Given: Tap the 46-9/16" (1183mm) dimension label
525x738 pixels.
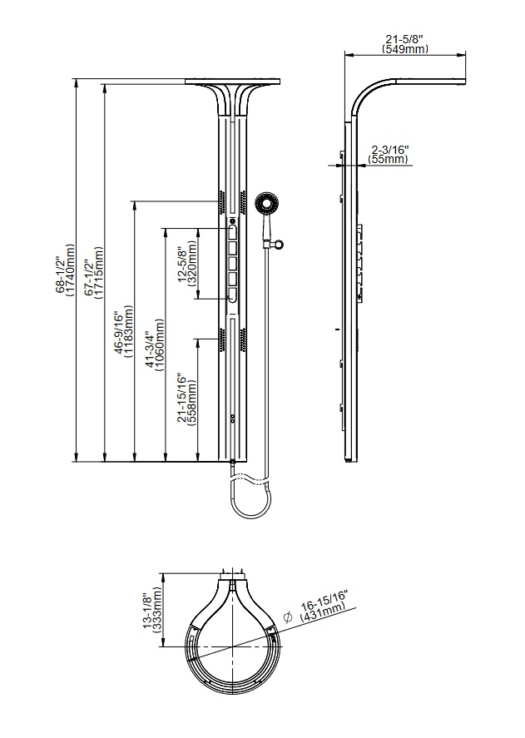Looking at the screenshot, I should click(x=124, y=334).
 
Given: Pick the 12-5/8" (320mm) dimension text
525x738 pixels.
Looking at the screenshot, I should click(x=187, y=265).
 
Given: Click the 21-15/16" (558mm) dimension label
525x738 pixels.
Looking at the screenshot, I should click(x=187, y=399).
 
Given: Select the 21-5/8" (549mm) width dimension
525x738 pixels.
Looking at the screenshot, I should click(x=405, y=44).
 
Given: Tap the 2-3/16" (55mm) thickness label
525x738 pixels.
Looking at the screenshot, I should click(x=389, y=153).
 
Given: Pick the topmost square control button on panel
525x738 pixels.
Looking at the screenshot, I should click(x=232, y=232).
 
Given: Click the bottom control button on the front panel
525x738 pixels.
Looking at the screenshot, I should click(x=232, y=293).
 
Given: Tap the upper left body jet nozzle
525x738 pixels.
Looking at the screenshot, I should click(x=222, y=201).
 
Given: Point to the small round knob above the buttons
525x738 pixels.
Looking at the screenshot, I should click(x=232, y=220).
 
